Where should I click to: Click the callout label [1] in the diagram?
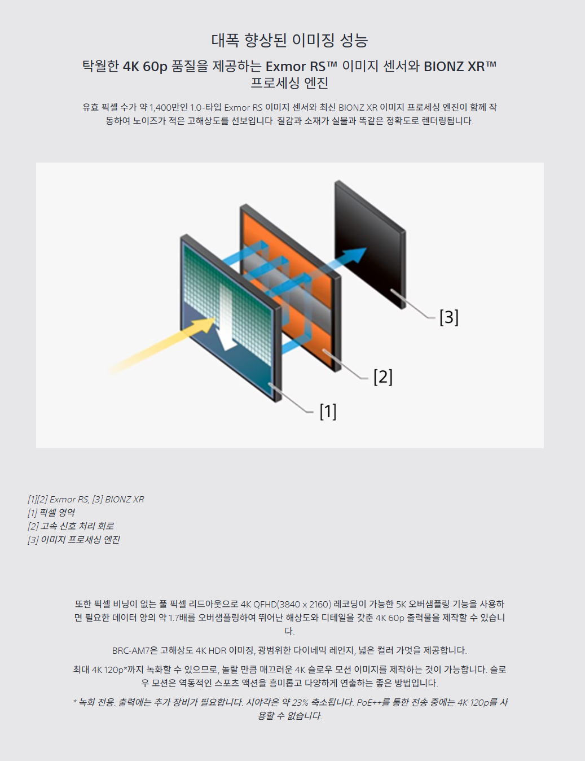(328, 412)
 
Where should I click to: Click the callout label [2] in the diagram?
(383, 377)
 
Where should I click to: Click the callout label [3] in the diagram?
(449, 317)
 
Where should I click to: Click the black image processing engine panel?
(370, 243)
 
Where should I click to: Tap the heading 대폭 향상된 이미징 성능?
(289, 41)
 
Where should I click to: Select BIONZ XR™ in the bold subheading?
(460, 67)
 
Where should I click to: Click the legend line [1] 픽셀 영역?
(51, 513)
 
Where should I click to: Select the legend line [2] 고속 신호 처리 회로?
(71, 526)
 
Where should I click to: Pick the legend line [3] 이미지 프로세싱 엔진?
(74, 540)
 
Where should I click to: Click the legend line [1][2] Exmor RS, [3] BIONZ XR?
(86, 500)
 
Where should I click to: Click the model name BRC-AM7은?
(135, 650)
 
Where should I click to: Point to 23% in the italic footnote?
(300, 702)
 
